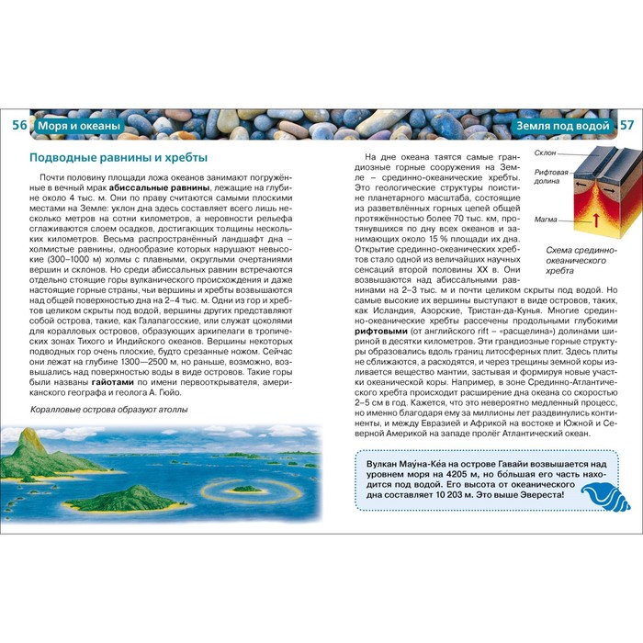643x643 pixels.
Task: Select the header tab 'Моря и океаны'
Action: (78, 125)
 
